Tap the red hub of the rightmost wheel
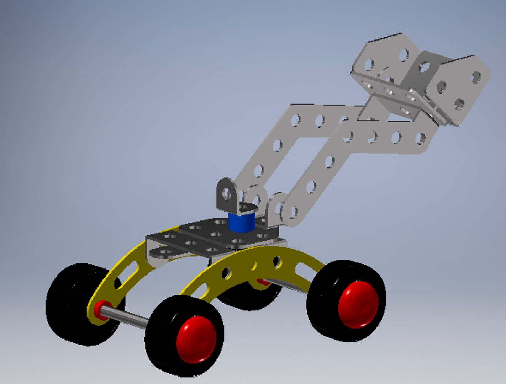coord(358,304)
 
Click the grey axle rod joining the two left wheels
coord(125,318)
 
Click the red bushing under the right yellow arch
coord(263,282)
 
